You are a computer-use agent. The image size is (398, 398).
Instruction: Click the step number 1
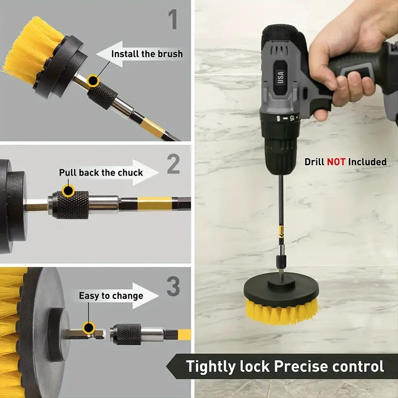point(173,19)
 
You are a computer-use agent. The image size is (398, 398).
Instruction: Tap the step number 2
point(173,164)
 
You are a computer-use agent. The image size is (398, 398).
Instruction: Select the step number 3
point(173,286)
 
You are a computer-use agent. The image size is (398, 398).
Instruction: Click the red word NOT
point(336,162)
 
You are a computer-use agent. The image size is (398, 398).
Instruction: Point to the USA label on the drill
point(280,77)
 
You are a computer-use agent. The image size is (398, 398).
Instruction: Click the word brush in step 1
point(170,54)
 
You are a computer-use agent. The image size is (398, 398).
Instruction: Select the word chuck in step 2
point(130,173)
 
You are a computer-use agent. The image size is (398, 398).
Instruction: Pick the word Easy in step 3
point(89,296)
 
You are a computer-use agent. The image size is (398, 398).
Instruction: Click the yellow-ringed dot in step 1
point(93,81)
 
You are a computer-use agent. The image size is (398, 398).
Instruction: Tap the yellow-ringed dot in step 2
point(68,191)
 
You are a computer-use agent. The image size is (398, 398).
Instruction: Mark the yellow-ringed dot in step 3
point(89,328)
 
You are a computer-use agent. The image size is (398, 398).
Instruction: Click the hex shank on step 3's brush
point(84,334)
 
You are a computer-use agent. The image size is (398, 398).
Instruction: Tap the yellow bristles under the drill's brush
point(281,311)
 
